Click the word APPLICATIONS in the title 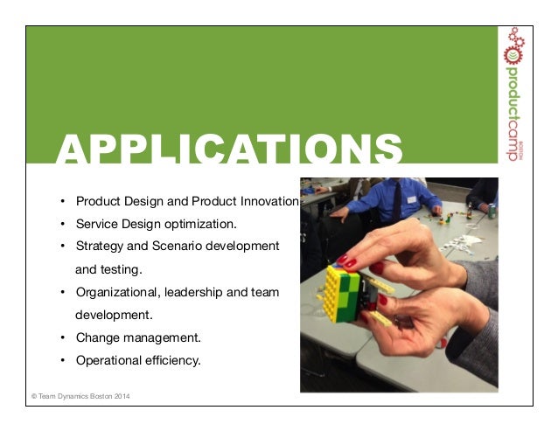[x=230, y=149]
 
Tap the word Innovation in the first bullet [x=269, y=200]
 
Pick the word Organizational [x=117, y=291]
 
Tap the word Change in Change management [x=94, y=337]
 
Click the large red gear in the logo [x=512, y=53]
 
